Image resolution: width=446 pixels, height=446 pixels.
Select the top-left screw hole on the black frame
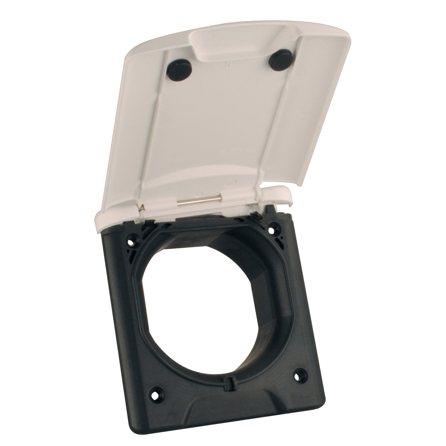pos(130,242)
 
